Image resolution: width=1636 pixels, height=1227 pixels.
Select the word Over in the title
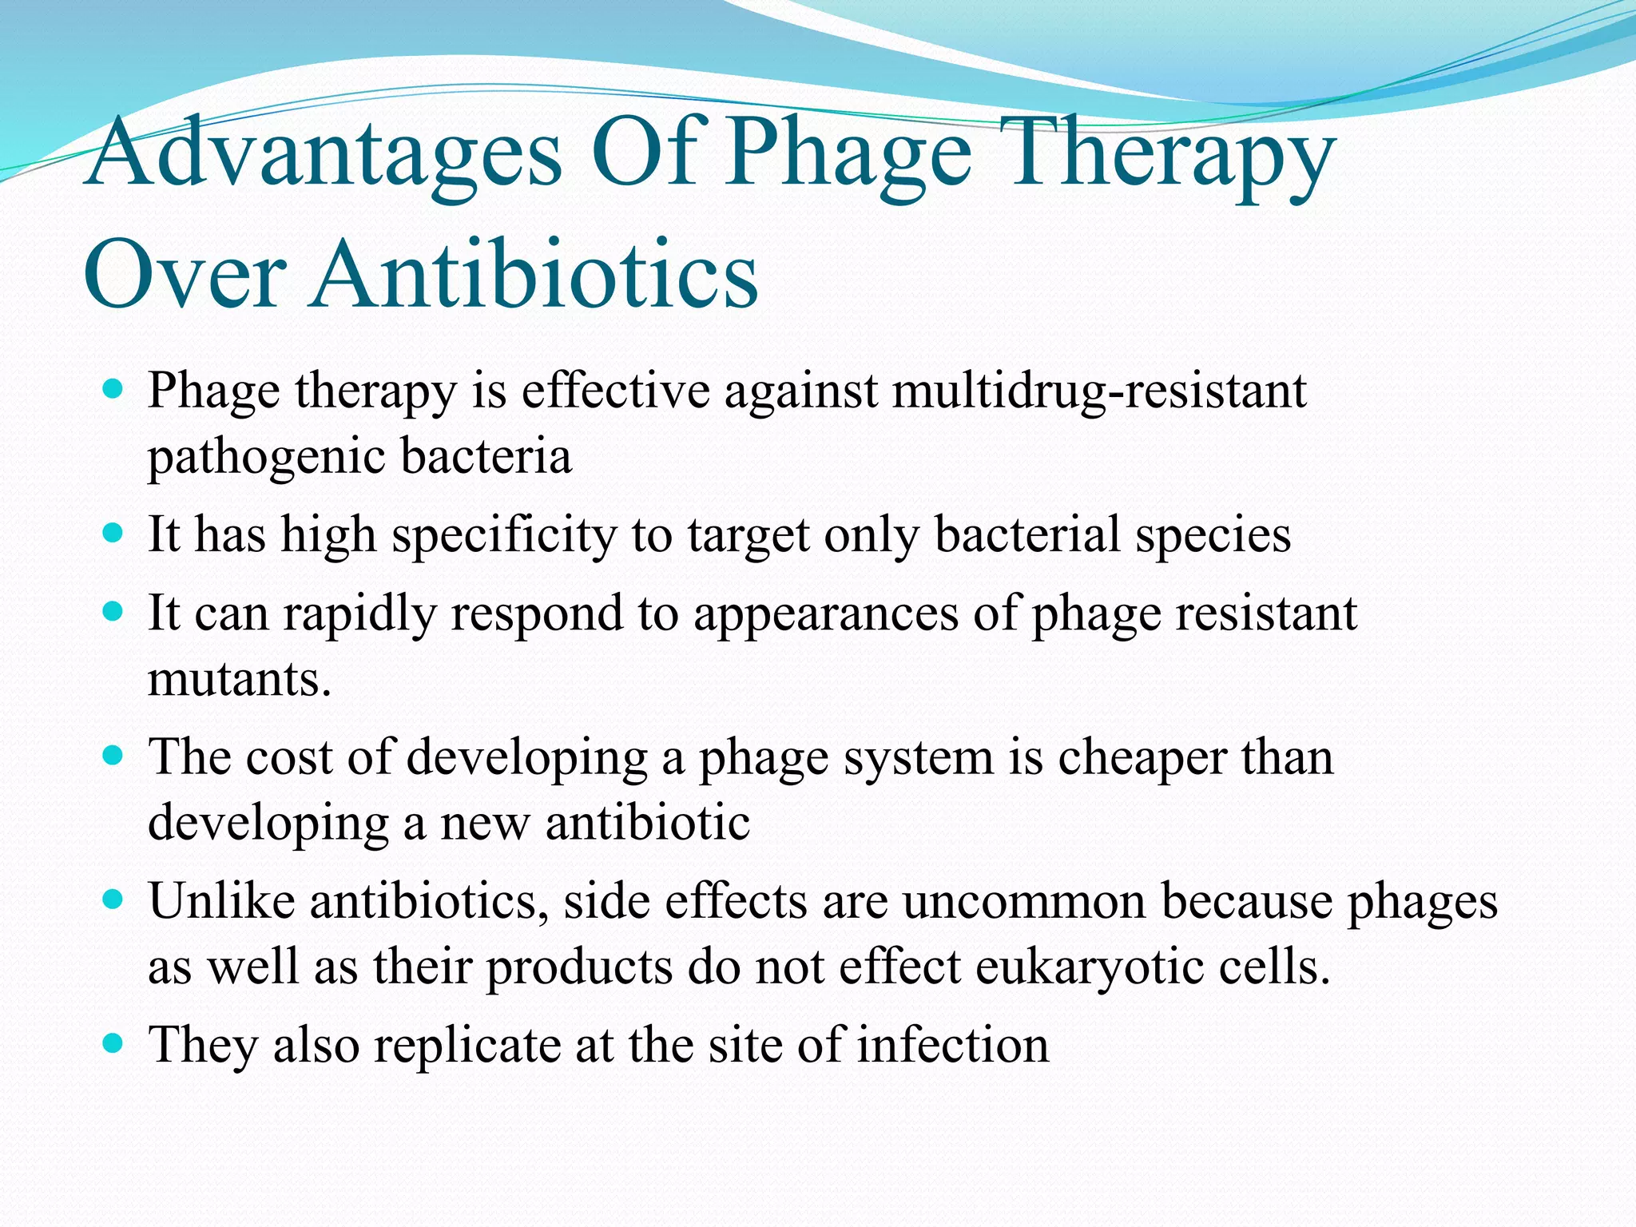185,274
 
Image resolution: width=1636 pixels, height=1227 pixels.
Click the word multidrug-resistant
1099,391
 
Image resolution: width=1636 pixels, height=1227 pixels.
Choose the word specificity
504,534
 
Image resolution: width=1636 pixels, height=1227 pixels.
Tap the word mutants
239,680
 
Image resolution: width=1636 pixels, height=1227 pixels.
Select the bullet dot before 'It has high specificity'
113,533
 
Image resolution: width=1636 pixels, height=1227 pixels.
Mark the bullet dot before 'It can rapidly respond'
113,613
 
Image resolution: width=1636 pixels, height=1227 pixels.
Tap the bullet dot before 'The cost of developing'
113,756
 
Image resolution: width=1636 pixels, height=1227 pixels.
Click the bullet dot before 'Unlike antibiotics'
113,899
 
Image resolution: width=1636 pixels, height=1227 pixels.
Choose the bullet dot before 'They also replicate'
113,1043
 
